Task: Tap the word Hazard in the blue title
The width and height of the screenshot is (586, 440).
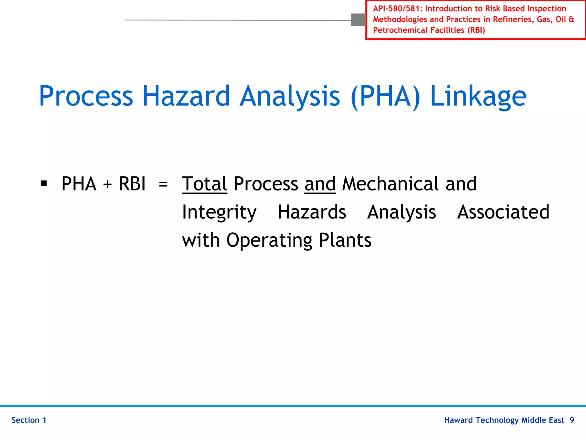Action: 186,96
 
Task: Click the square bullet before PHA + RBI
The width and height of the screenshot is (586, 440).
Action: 44,183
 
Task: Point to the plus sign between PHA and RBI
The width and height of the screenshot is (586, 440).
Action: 107,184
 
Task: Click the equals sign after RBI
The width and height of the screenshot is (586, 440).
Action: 163,184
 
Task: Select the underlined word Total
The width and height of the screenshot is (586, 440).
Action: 204,184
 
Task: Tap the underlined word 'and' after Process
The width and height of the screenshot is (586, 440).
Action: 320,184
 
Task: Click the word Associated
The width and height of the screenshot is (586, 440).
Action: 503,212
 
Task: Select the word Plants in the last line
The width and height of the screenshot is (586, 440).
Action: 345,240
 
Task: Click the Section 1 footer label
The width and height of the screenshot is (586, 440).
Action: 29,420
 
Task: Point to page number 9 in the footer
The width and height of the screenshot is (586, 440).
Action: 572,420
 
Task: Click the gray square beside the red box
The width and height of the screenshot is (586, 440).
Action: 358,20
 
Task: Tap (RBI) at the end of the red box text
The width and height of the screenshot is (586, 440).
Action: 476,30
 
